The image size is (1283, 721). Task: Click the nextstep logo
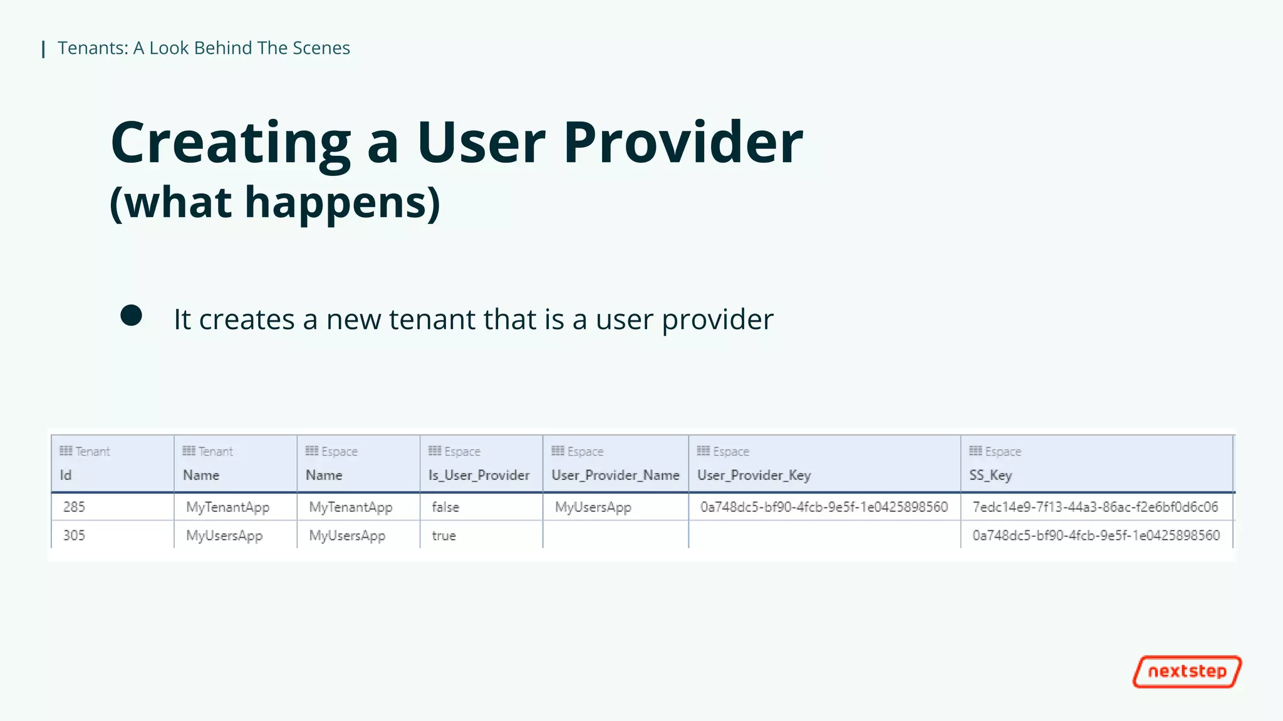tap(1187, 672)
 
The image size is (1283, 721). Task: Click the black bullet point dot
tap(131, 315)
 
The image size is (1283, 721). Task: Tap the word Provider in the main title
tap(683, 143)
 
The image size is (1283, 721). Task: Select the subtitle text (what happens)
tap(275, 203)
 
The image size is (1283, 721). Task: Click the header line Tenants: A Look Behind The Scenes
tap(204, 48)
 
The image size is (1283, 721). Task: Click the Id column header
tap(66, 475)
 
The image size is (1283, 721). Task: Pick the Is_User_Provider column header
tap(479, 475)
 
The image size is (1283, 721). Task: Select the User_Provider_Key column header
tap(754, 475)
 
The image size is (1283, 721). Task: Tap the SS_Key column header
tap(990, 475)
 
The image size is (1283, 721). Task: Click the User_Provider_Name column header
tap(615, 475)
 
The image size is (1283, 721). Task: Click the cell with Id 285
tap(74, 507)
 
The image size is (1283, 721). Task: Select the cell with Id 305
tap(74, 536)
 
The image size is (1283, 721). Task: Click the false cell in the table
tap(445, 507)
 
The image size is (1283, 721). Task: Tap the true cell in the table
tap(444, 536)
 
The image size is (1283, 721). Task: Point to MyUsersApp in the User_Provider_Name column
tap(593, 507)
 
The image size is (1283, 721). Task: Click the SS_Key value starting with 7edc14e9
tap(1095, 507)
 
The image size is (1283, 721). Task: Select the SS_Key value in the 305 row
tap(1096, 536)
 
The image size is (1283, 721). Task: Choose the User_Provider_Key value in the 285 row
tap(824, 507)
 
